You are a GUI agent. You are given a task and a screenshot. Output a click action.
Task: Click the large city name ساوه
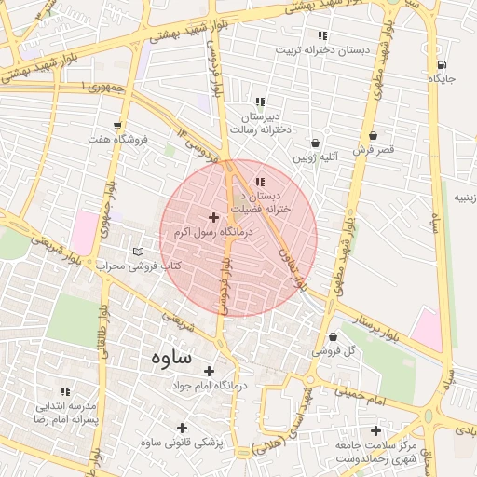tap(169, 357)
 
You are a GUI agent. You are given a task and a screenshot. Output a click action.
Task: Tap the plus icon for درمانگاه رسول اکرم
tap(213, 216)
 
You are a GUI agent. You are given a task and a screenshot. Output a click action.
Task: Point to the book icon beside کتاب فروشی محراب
tap(139, 252)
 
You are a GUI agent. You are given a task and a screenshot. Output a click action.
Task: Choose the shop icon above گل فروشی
tap(333, 336)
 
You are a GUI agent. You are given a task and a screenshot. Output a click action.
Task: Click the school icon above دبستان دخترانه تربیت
tap(322, 35)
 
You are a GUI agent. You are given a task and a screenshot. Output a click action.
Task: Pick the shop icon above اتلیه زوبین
tap(316, 143)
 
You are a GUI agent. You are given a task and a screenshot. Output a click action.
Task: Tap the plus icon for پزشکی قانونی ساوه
tap(182, 428)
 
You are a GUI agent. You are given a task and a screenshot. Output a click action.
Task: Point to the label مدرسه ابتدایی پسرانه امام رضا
tap(66, 413)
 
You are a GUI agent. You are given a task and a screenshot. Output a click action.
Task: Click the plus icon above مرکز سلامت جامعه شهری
tap(375, 430)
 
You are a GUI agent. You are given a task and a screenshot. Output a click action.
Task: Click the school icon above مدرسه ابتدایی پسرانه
tap(65, 391)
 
